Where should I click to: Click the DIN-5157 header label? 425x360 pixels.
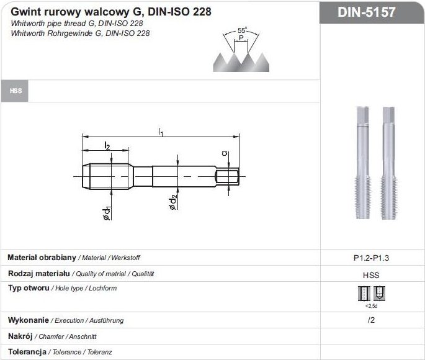click(372, 12)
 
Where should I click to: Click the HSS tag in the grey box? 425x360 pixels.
click(16, 91)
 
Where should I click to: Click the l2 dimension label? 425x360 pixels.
click(107, 145)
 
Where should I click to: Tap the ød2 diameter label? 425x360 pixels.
click(173, 202)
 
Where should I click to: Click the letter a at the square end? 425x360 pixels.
click(225, 154)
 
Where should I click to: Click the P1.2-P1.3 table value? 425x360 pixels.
click(372, 258)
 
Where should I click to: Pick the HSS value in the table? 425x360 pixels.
click(372, 274)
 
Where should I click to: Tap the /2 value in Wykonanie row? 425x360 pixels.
click(372, 320)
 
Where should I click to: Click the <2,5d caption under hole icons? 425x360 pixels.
click(372, 306)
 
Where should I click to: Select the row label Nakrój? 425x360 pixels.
click(20, 336)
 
